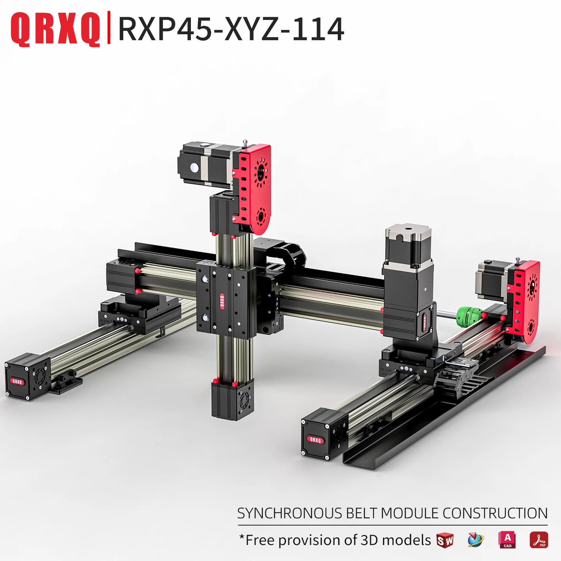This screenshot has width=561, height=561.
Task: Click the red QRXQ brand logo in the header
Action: (x=55, y=29)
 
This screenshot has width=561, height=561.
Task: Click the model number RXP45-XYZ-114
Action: (x=231, y=29)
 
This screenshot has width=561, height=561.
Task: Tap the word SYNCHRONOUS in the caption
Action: (x=289, y=513)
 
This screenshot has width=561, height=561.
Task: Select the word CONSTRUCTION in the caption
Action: (x=495, y=513)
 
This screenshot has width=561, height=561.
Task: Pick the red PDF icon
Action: (x=539, y=540)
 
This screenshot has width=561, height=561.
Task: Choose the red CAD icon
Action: (x=507, y=540)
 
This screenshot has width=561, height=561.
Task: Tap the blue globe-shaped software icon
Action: (x=475, y=540)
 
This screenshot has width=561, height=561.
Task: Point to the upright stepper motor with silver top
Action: (x=408, y=245)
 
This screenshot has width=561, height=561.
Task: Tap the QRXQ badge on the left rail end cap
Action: (x=17, y=381)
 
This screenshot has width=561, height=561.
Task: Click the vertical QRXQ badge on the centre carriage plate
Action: (x=222, y=301)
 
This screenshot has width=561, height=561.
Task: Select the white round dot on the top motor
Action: (x=194, y=168)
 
